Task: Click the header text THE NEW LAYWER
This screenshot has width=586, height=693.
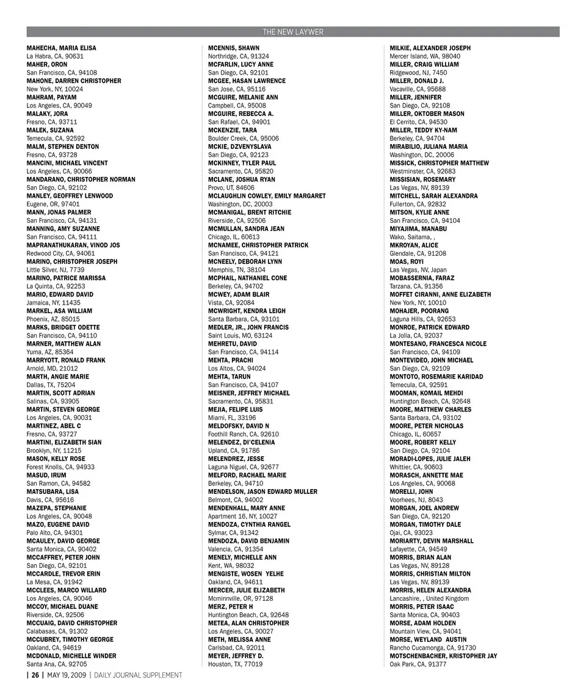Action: tap(293, 32)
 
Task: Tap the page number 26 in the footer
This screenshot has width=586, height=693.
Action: tap(35, 675)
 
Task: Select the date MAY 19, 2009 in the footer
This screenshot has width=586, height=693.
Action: tap(66, 675)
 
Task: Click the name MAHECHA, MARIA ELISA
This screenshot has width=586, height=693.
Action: tap(61, 48)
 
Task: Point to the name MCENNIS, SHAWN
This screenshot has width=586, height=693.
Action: tap(233, 48)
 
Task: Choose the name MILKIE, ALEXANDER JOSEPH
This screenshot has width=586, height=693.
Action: tap(430, 48)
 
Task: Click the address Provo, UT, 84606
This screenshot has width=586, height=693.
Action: tap(232, 187)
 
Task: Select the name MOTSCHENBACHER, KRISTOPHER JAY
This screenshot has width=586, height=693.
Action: tap(443, 656)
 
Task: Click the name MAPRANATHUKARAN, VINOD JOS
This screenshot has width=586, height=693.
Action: tap(73, 245)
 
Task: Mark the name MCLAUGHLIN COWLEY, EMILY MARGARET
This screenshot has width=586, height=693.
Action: tap(267, 196)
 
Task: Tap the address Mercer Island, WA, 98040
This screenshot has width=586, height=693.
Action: tap(425, 56)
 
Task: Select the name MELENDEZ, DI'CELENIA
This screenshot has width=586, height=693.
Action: tap(242, 442)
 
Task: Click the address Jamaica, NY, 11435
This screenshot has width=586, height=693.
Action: tap(53, 302)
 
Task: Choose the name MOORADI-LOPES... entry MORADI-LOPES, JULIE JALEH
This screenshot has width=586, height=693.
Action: tap(430, 459)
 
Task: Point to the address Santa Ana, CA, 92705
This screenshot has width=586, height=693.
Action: tap(57, 664)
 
